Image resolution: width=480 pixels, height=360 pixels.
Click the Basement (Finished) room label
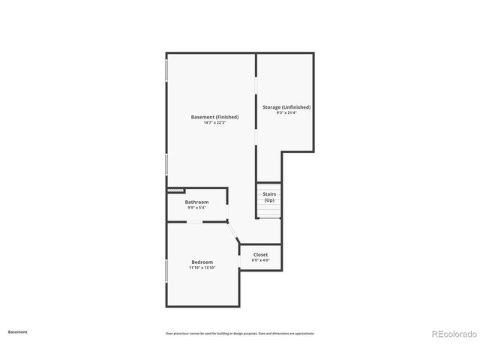214,117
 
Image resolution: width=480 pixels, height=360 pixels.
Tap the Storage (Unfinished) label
286,107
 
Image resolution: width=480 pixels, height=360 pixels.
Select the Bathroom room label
196,202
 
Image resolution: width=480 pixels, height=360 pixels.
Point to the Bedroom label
202,262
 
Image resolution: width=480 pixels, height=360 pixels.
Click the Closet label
260,255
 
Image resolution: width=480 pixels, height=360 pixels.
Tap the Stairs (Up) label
268,197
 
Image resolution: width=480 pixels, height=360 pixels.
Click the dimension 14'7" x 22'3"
214,123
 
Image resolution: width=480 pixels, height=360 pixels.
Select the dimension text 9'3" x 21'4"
286,113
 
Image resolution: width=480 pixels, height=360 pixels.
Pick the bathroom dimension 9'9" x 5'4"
196,208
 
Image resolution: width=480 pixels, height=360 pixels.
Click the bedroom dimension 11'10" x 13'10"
202,268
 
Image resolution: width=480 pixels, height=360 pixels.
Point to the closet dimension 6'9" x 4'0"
260,261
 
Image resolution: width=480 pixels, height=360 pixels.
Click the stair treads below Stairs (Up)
268,212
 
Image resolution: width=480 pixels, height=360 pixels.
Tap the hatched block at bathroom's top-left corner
175,191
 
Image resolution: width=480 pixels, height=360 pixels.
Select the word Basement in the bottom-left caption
17,331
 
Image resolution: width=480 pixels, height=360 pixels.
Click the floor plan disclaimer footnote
240,333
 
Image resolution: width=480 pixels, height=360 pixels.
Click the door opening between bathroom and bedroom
194,222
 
